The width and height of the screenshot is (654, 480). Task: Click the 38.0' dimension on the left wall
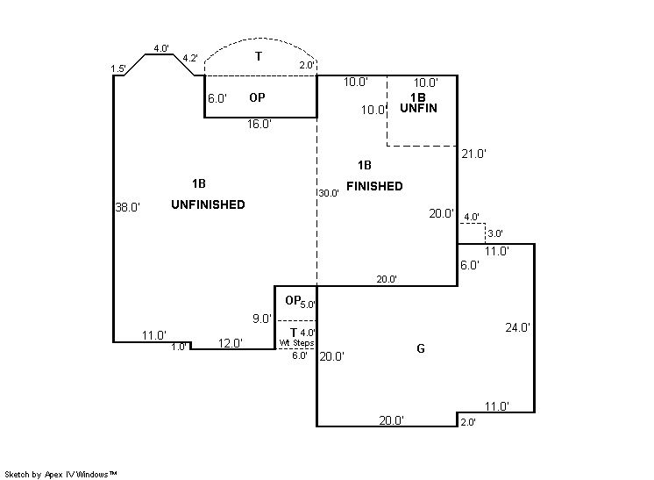click(x=128, y=207)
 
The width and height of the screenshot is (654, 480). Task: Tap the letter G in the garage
click(x=421, y=348)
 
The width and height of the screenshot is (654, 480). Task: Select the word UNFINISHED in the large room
click(x=208, y=204)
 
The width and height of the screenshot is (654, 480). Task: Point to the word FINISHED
click(x=374, y=186)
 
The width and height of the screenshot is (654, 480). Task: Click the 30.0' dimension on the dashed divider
click(x=329, y=193)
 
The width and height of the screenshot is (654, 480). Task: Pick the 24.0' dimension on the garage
click(x=517, y=327)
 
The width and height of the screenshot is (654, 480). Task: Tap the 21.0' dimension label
click(x=473, y=154)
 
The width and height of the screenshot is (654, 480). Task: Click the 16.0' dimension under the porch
click(x=259, y=124)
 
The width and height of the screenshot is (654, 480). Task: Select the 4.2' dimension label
click(x=190, y=59)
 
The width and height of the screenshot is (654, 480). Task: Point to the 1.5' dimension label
click(x=118, y=68)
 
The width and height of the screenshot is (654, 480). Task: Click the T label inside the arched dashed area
click(x=259, y=56)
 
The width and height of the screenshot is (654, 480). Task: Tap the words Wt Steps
click(x=296, y=343)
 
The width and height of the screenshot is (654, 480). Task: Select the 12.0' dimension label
click(x=231, y=343)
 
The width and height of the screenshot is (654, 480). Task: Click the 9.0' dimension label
click(x=262, y=319)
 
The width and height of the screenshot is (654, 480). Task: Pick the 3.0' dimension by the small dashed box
click(x=495, y=233)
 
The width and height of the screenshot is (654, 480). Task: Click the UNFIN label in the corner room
click(x=418, y=108)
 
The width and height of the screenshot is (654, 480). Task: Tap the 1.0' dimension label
click(x=179, y=347)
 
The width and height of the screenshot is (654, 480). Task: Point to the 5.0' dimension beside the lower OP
click(x=308, y=304)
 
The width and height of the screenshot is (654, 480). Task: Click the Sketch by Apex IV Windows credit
click(x=60, y=475)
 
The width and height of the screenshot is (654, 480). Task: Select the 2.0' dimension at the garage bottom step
click(x=468, y=422)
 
